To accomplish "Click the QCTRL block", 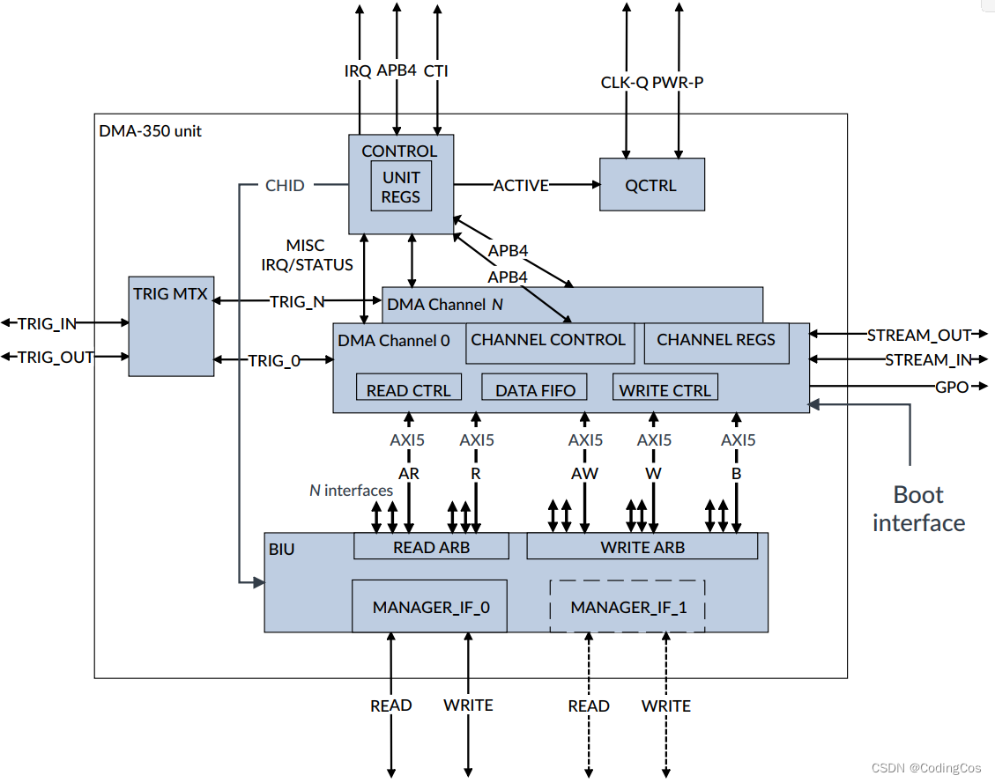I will [651, 185].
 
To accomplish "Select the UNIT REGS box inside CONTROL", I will [401, 187].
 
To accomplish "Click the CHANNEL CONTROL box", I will [549, 341].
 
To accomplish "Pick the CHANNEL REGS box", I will [716, 341].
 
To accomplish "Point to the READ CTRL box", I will [408, 389].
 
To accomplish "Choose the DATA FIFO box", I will [535, 389].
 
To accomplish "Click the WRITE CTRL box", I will [665, 389].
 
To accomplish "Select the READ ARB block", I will [431, 547].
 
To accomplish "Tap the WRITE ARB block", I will [642, 547].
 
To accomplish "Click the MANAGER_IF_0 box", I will [429, 607].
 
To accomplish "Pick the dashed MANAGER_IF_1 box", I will [627, 607].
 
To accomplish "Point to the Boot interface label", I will [918, 509].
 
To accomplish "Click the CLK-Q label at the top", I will [624, 83].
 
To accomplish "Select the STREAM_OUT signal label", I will [918, 336].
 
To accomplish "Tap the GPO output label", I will [951, 387].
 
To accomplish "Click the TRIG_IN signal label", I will [47, 324].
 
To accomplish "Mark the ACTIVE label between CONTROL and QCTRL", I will [521, 186].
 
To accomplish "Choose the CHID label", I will [285, 186].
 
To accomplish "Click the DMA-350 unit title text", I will [150, 131].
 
